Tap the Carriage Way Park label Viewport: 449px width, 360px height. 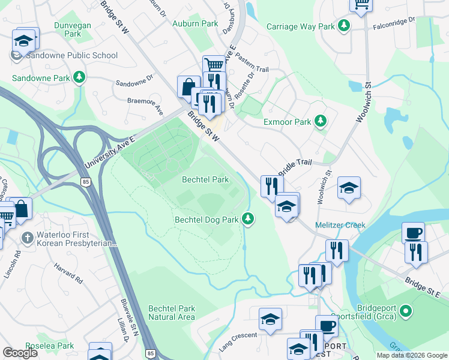[301, 26]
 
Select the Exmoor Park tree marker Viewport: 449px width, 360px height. [321, 122]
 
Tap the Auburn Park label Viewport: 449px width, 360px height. [195, 24]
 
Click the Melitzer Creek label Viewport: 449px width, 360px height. [340, 225]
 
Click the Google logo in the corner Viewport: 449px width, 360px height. [20, 353]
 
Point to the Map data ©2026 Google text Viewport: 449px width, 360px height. [411, 355]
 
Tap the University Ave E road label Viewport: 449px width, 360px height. [110, 151]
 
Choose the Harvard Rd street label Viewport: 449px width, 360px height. [67, 271]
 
